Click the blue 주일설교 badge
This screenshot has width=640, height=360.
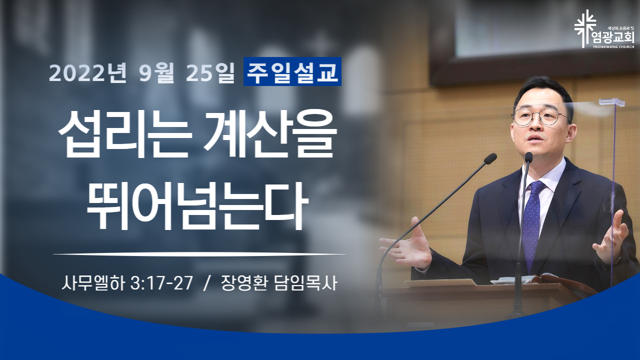pyautogui.click(x=292, y=71)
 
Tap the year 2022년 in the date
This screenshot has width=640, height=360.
pyautogui.click(x=87, y=72)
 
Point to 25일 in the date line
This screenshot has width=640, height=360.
pyautogui.click(x=210, y=72)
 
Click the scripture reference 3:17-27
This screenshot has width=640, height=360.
pyautogui.click(x=161, y=283)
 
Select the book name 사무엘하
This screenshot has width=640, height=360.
pyautogui.click(x=93, y=283)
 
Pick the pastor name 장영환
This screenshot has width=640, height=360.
pyautogui.click(x=244, y=283)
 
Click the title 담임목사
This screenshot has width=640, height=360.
pyautogui.click(x=305, y=283)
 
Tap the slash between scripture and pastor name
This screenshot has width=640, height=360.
pyautogui.click(x=206, y=283)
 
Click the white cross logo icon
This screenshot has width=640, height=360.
pyautogui.click(x=585, y=28)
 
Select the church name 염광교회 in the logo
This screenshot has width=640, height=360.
pyautogui.click(x=616, y=37)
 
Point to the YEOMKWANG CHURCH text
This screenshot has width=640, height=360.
pyautogui.click(x=616, y=46)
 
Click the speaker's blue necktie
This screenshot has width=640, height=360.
pyautogui.click(x=533, y=223)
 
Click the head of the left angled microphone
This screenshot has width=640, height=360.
pyautogui.click(x=490, y=158)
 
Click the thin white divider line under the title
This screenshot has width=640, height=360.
pyautogui.click(x=199, y=253)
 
